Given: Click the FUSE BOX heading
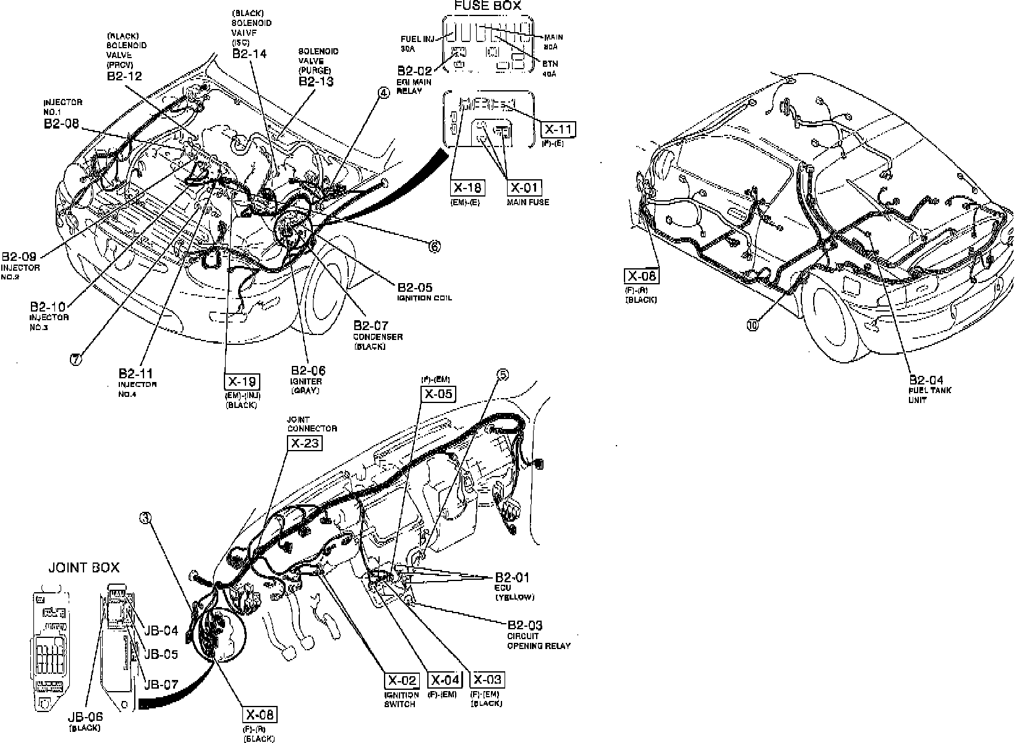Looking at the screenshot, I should pyautogui.click(x=487, y=6).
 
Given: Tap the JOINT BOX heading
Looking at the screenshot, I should pyautogui.click(x=84, y=567).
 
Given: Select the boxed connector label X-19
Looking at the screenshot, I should pyautogui.click(x=242, y=381).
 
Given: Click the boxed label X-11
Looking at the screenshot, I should pyautogui.click(x=558, y=129).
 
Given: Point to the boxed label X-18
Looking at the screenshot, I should pyautogui.click(x=467, y=187).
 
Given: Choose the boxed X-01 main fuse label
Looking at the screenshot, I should pyautogui.click(x=524, y=187).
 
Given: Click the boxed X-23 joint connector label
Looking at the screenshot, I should pyautogui.click(x=305, y=443).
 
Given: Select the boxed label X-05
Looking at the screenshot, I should pyautogui.click(x=438, y=394).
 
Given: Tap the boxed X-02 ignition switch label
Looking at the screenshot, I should pyautogui.click(x=402, y=681).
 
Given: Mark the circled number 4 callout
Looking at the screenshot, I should pyautogui.click(x=384, y=93).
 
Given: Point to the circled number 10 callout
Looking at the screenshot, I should pyautogui.click(x=752, y=325).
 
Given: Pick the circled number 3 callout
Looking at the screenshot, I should pyautogui.click(x=145, y=519).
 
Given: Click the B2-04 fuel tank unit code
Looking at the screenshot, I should pyautogui.click(x=926, y=380).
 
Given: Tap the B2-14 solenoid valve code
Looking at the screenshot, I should pyautogui.click(x=249, y=54).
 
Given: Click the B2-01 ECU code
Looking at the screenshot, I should pyautogui.click(x=513, y=577).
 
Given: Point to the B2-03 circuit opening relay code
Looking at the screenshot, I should pyautogui.click(x=525, y=625).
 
